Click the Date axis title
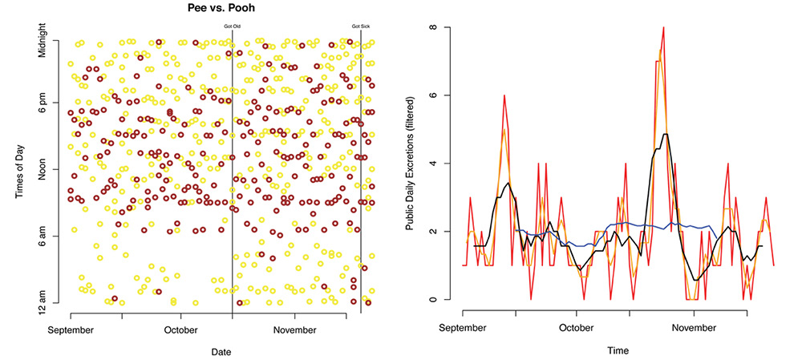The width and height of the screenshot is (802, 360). pyautogui.click(x=222, y=351)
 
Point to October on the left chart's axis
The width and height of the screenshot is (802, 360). pyautogui.click(x=180, y=330)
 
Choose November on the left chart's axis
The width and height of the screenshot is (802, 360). pyautogui.click(x=294, y=330)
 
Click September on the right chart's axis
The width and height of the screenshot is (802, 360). pyautogui.click(x=463, y=328)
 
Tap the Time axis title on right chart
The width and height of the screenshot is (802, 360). pyautogui.click(x=618, y=350)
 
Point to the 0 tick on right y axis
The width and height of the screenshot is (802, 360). pyautogui.click(x=432, y=300)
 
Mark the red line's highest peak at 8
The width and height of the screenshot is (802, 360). pyautogui.click(x=663, y=27)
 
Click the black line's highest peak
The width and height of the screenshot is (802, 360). pyautogui.click(x=665, y=134)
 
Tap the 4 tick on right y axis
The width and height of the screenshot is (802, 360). pyautogui.click(x=432, y=164)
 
